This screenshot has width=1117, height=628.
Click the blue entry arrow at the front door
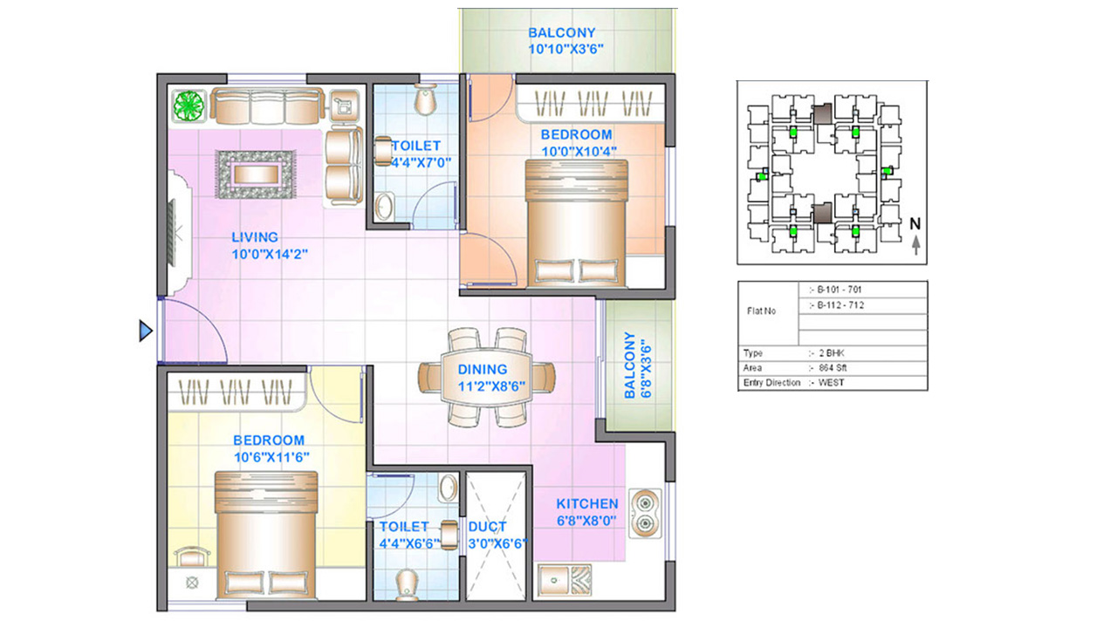pyautogui.click(x=146, y=331)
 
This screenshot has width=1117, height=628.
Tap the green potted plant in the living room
pyautogui.click(x=189, y=106)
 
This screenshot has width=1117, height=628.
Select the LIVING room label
pyautogui.click(x=255, y=237)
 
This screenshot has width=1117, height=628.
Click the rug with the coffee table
pyautogui.click(x=256, y=174)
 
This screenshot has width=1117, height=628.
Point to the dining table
pyautogui.click(x=486, y=377)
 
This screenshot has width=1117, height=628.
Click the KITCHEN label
pyautogui.click(x=587, y=504)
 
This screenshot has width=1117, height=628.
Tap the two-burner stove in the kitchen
pyautogui.click(x=645, y=514)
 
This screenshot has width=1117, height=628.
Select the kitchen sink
pyautogui.click(x=565, y=580)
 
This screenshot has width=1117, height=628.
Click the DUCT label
pyautogui.click(x=487, y=527)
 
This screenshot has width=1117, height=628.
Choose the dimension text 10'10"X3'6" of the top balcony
pyautogui.click(x=566, y=50)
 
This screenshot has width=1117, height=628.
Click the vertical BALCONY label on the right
pyautogui.click(x=630, y=365)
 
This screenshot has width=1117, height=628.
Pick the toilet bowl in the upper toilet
pyautogui.click(x=425, y=99)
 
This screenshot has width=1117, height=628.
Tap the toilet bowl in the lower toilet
pyautogui.click(x=407, y=584)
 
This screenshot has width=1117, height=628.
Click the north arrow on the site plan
pyautogui.click(x=916, y=245)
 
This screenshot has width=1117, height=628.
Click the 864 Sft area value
pyautogui.click(x=833, y=368)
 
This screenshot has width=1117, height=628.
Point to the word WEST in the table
pyautogui.click(x=832, y=383)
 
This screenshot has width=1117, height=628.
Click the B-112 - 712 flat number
pyautogui.click(x=840, y=305)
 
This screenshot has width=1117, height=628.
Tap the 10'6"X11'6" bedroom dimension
pyautogui.click(x=271, y=457)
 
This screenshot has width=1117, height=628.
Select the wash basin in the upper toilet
pyautogui.click(x=384, y=206)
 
